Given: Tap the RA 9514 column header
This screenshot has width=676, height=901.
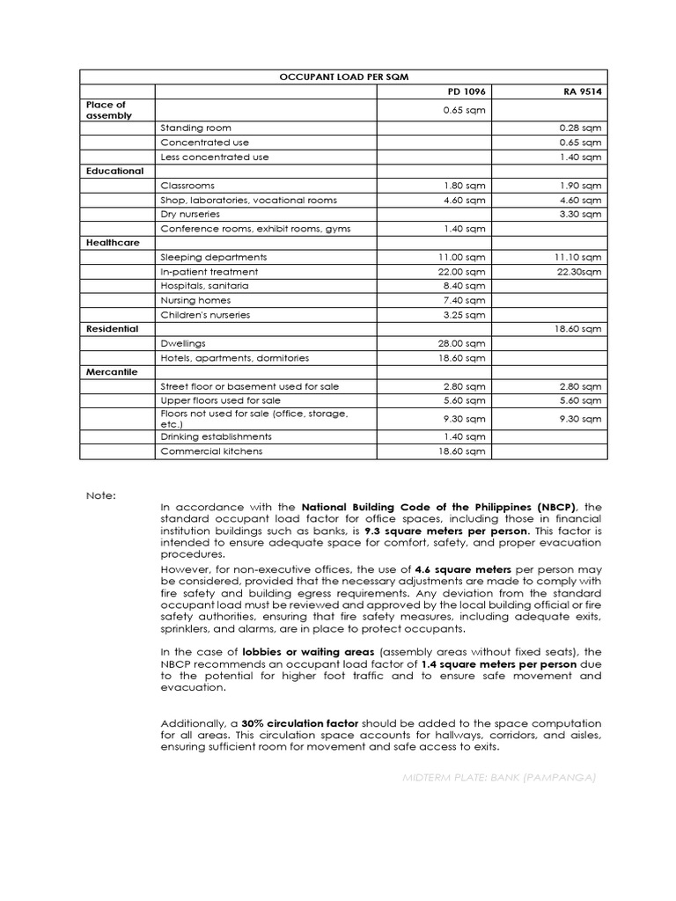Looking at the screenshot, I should click(x=582, y=92).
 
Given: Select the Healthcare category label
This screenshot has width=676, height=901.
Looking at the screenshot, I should click(x=113, y=243).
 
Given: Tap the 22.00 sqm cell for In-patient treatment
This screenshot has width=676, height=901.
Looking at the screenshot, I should click(x=465, y=272).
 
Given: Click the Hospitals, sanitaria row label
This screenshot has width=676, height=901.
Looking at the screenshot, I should click(x=204, y=286).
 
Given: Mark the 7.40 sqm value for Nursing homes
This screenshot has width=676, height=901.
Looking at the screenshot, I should click(x=467, y=300).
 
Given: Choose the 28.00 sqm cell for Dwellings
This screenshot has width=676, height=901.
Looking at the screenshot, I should click(x=465, y=344).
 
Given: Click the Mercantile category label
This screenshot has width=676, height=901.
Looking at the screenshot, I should click(x=112, y=372).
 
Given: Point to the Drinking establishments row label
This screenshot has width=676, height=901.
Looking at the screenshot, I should click(x=216, y=437).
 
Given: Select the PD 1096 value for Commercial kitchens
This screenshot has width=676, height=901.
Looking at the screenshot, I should click(x=465, y=451).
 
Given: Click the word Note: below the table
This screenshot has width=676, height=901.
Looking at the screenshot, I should click(x=100, y=495).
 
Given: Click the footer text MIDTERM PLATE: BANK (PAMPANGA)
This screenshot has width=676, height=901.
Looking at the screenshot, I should click(x=499, y=777).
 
